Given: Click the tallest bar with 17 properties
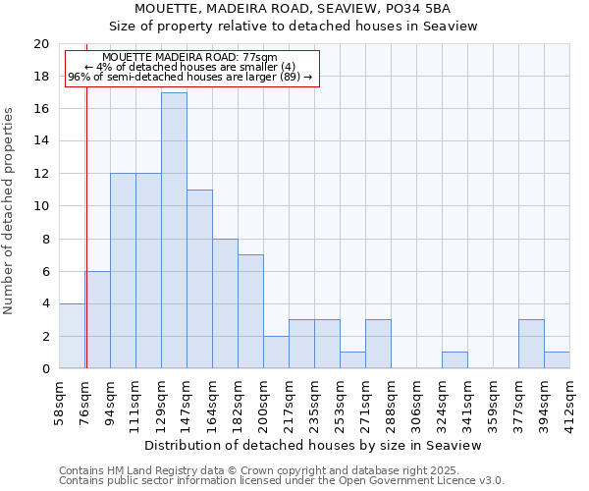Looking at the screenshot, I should (x=174, y=231).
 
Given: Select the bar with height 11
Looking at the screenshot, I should (x=199, y=279).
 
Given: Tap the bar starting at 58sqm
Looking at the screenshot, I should (x=72, y=336).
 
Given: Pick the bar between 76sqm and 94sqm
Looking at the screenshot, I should (x=98, y=320).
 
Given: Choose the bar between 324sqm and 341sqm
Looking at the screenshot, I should (x=455, y=360).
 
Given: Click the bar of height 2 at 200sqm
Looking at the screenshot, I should (x=276, y=353).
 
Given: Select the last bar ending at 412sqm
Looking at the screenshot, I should (x=557, y=360).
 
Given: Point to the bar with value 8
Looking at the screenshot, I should (x=225, y=303).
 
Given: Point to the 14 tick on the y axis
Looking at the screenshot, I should (x=40, y=141).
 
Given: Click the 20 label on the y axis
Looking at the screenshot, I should (x=40, y=44).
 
